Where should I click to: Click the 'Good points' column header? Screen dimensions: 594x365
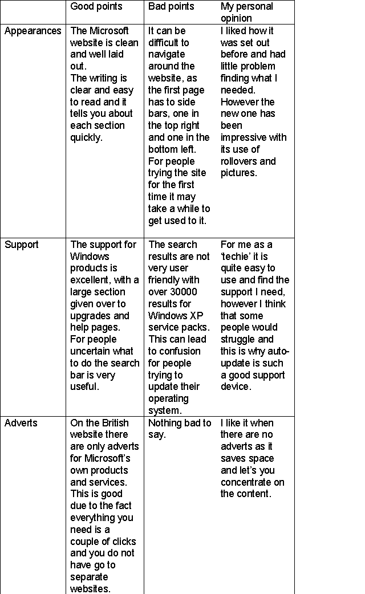point(96,7)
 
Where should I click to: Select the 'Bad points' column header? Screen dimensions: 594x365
point(171,7)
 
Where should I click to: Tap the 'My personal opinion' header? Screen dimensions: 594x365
point(247,12)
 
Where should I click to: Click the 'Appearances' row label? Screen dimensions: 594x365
point(33,31)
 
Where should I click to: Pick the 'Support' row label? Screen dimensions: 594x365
point(22,245)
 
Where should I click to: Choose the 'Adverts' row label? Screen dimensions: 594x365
point(21,423)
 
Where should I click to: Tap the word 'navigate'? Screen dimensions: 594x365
point(167,54)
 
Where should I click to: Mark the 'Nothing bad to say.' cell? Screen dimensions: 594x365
point(180,429)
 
